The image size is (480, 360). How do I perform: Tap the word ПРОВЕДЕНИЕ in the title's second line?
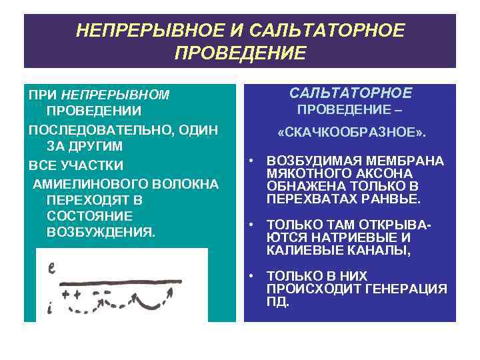(x=240, y=53)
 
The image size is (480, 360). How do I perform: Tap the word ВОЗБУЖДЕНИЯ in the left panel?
(x=101, y=232)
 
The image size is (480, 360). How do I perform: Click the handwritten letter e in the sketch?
(x=51, y=269)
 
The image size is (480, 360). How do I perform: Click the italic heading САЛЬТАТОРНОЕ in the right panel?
(x=351, y=93)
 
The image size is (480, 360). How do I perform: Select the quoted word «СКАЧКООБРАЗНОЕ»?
(x=351, y=134)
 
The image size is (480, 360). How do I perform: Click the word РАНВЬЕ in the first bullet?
(x=397, y=199)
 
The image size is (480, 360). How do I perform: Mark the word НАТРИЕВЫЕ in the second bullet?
(x=363, y=237)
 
